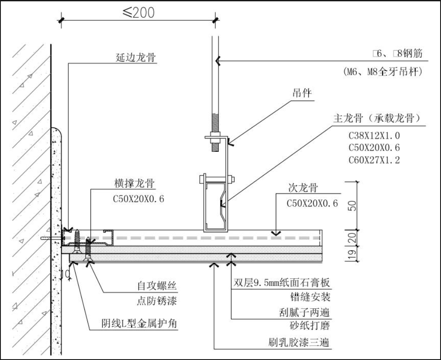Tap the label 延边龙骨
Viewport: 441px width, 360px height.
point(135,57)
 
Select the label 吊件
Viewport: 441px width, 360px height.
point(303,93)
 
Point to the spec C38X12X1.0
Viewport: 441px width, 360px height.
point(374,135)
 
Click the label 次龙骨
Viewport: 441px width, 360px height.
point(304,188)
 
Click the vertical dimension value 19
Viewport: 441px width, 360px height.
point(353,252)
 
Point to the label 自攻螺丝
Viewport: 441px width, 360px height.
point(157,286)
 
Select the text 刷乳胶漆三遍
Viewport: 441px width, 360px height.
point(298,343)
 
